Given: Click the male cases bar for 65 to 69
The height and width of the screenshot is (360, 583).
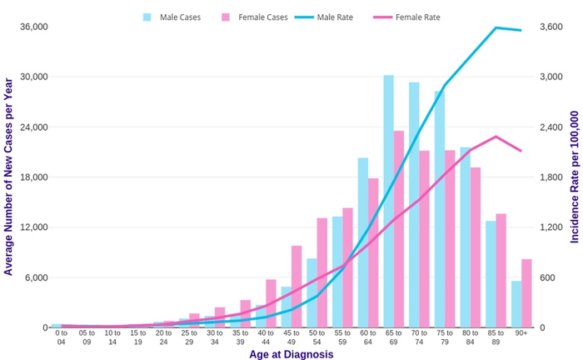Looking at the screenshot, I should click(x=389, y=201).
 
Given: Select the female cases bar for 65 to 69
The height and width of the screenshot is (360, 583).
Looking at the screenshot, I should click(x=399, y=229).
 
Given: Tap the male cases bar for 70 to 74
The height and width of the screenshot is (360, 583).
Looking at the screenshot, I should click(x=414, y=204).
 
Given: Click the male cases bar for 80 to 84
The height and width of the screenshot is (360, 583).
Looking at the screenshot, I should click(x=466, y=237).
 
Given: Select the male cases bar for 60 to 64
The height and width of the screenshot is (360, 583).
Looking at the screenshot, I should click(x=363, y=242).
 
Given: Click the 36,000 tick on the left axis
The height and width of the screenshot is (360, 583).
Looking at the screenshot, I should click(x=33, y=27).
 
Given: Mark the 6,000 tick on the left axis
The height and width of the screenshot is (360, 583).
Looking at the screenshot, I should click(x=36, y=277).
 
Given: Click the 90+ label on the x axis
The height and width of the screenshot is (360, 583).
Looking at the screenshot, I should click(x=521, y=334).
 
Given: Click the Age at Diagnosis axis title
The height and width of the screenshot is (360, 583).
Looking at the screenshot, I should click(x=291, y=354).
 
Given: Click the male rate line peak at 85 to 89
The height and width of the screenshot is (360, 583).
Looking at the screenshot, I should click(x=496, y=27).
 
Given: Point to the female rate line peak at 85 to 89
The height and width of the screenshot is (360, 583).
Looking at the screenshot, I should click(x=496, y=136).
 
